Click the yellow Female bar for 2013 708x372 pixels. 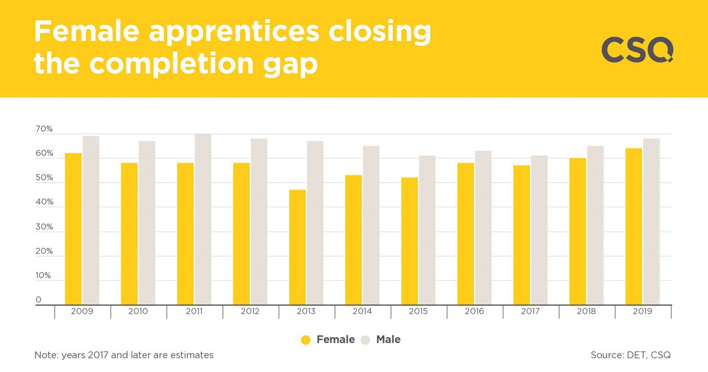(x=297, y=247)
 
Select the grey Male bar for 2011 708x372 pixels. (x=203, y=219)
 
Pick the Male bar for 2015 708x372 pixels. (x=427, y=230)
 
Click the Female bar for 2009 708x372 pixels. (x=73, y=229)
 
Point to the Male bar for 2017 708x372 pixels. (x=539, y=230)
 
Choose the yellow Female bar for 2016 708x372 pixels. (x=466, y=234)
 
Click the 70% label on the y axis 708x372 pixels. (x=44, y=129)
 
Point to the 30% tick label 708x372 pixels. (x=44, y=227)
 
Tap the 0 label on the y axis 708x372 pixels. (x=38, y=300)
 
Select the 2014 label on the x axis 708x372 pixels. (x=362, y=311)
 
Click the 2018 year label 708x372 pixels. (x=586, y=311)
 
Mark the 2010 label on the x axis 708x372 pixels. (x=138, y=311)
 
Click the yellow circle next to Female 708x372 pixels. (x=306, y=340)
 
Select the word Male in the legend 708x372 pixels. (x=388, y=340)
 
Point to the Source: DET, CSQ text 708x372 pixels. (x=630, y=355)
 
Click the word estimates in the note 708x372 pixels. (x=190, y=355)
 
